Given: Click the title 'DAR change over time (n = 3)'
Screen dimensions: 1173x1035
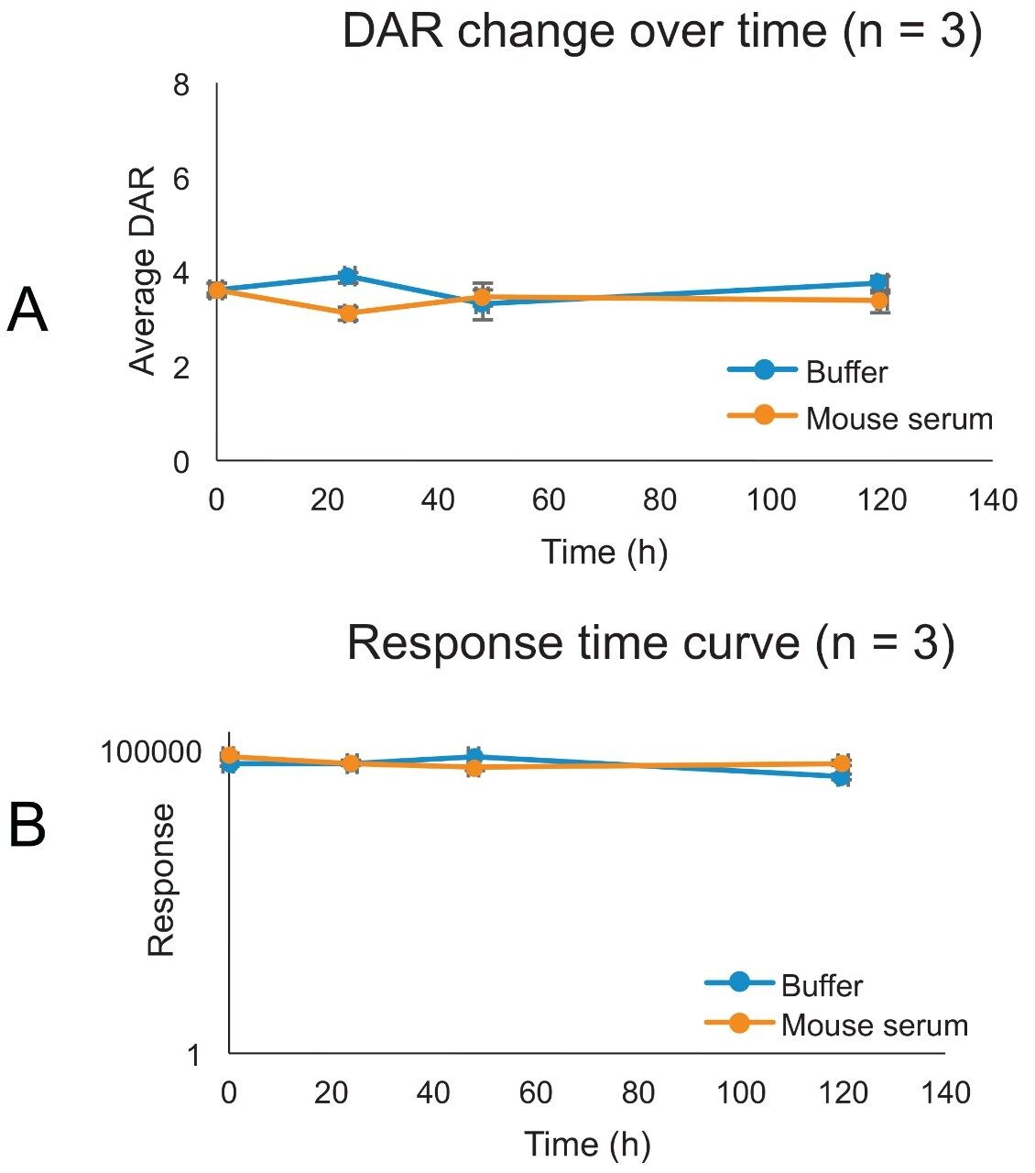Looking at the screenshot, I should click(x=661, y=33).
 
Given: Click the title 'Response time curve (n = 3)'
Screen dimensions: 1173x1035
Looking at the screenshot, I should click(x=650, y=643).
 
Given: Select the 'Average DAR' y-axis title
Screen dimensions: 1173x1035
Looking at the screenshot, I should click(x=143, y=271).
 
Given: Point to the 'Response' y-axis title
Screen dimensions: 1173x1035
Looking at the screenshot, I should click(x=162, y=880).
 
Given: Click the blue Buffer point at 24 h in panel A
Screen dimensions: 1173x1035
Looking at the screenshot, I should click(x=348, y=276).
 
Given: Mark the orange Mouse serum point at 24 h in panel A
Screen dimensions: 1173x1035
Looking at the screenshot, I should click(x=348, y=313).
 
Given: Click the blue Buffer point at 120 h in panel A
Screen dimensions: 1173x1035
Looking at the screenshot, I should click(x=879, y=282).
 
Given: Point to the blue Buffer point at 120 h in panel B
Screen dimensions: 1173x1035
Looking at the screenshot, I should click(x=842, y=777).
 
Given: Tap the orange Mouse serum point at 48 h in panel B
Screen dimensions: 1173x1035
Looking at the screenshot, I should click(x=474, y=767).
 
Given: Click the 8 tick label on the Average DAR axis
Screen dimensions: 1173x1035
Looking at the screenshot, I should click(x=181, y=85).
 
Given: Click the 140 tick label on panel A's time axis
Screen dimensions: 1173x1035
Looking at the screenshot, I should click(x=993, y=500).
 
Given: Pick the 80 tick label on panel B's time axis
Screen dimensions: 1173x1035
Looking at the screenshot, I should click(x=638, y=1092).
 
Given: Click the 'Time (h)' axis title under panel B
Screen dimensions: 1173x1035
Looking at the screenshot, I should click(x=587, y=1145).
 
